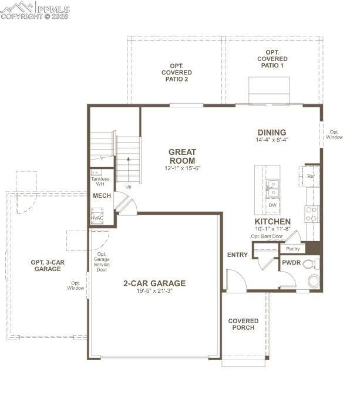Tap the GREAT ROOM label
[183, 156]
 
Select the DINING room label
[271, 133]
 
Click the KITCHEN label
[272, 221]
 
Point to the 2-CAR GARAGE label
[154, 283]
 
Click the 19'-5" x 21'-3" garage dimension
[154, 292]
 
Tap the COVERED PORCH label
[243, 324]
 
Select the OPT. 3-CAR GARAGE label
[48, 265]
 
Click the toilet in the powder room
[313, 281]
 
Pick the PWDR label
[291, 263]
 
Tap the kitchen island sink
[272, 188]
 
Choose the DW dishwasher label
[272, 205]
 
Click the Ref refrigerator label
[311, 176]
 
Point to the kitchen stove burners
[312, 214]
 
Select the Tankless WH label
[100, 181]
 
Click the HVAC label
[97, 218]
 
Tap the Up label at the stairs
[128, 187]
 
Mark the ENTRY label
[237, 255]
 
